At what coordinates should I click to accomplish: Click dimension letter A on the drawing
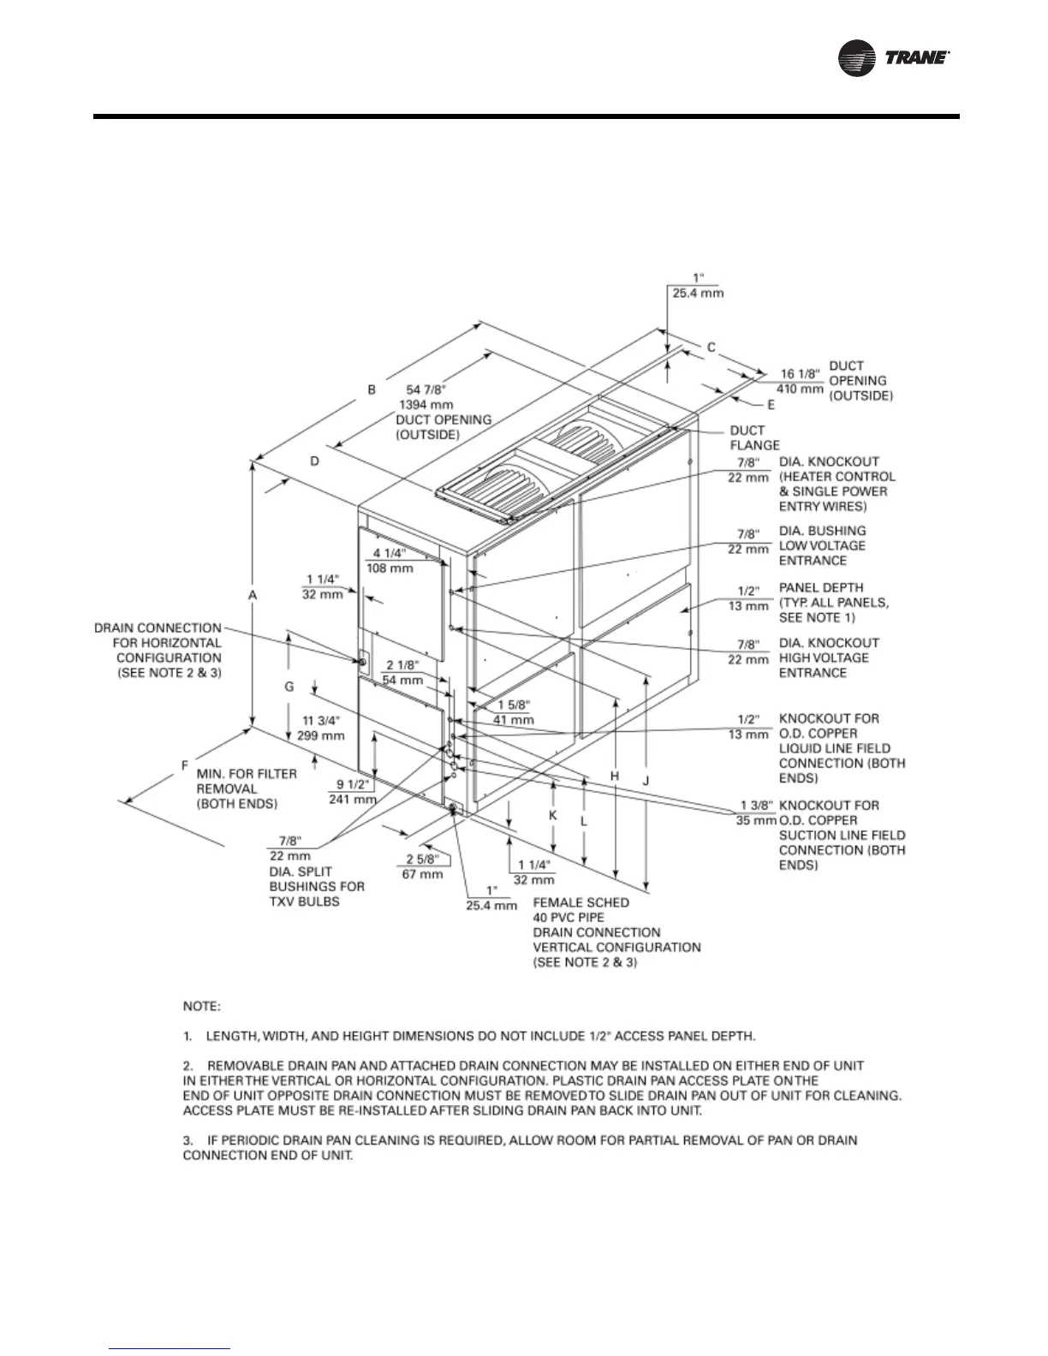tap(253, 593)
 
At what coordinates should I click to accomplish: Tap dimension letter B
tap(372, 390)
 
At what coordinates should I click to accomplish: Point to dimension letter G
tap(289, 687)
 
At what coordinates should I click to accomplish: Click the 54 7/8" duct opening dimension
tap(425, 390)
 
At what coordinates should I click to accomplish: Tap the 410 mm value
tap(800, 389)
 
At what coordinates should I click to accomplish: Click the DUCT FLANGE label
tap(754, 437)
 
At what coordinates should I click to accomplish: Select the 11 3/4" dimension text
tap(321, 719)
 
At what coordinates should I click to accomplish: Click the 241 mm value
tap(352, 799)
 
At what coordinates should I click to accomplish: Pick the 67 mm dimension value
tap(423, 874)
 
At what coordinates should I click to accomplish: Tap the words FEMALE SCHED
tap(581, 902)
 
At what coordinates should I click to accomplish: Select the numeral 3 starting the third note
tap(188, 1140)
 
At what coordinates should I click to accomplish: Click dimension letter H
tap(614, 776)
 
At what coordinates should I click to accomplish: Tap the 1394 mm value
tap(426, 404)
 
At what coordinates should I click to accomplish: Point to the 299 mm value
tap(321, 734)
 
